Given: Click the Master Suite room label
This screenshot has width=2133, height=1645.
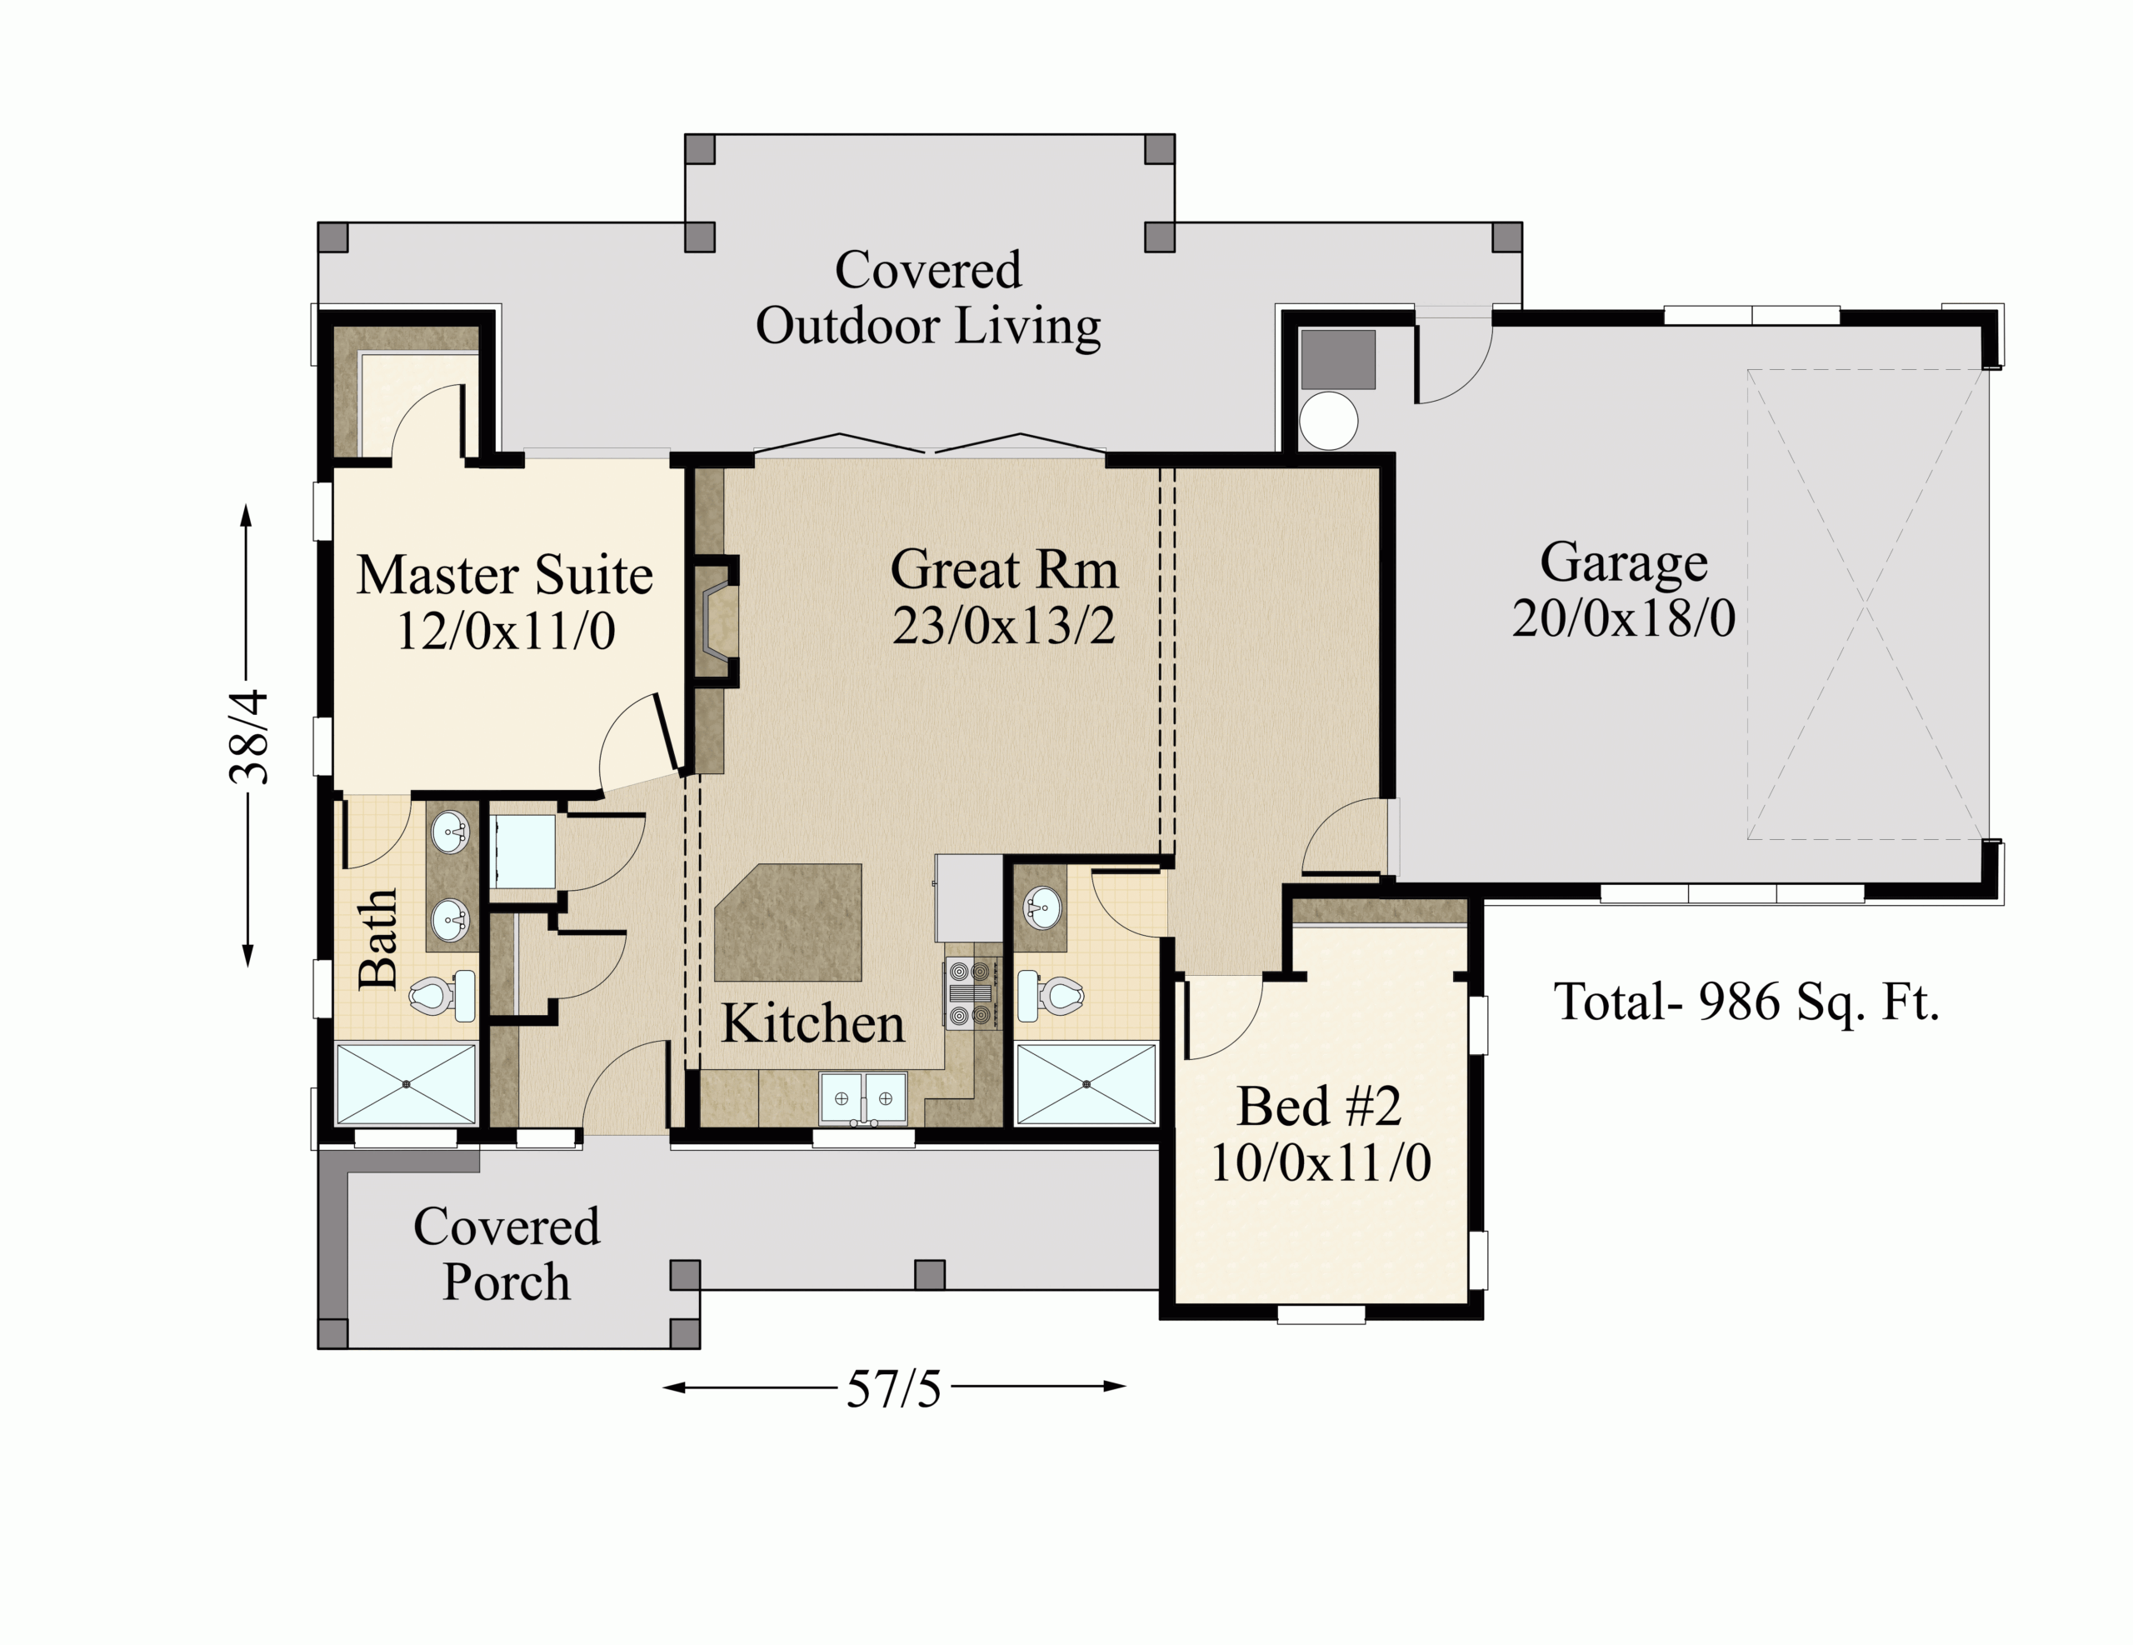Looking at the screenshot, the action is point(505,574).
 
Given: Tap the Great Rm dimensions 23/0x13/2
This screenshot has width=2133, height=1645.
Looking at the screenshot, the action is point(1004,625).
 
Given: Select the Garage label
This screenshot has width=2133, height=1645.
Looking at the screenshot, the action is point(1624,562).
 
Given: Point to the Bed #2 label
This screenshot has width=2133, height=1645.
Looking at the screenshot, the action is point(1320,1106).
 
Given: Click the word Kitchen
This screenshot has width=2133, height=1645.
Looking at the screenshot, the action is point(812,1023).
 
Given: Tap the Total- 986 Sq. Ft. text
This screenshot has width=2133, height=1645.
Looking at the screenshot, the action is point(1746,1002).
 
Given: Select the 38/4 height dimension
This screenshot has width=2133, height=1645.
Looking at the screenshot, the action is point(250,737).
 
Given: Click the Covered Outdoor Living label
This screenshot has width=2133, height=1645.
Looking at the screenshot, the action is point(929,298).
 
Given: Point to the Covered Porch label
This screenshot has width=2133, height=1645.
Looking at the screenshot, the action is point(506,1253).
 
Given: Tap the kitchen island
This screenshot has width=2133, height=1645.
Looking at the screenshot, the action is point(788,922).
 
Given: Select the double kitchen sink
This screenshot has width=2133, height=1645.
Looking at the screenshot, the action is point(863,1098).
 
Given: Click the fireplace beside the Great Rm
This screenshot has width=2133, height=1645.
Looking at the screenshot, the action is point(716,620).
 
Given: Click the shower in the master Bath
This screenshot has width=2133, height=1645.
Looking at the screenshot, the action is point(407,1084).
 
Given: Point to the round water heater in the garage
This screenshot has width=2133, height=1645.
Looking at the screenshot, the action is point(1328,421).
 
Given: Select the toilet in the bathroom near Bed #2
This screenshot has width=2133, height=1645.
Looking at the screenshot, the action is point(1051,995).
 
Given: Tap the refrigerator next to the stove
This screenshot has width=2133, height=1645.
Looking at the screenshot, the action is point(969,897).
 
